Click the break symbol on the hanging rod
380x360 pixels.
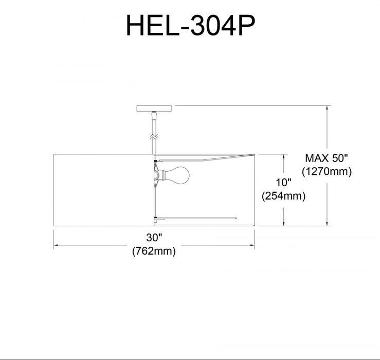point(153,137)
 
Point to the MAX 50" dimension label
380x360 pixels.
point(327,157)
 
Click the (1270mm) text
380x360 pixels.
point(327,172)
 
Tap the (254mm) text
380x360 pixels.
point(283,196)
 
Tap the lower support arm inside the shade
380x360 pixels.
point(195,217)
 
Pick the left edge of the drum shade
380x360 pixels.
point(55,189)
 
